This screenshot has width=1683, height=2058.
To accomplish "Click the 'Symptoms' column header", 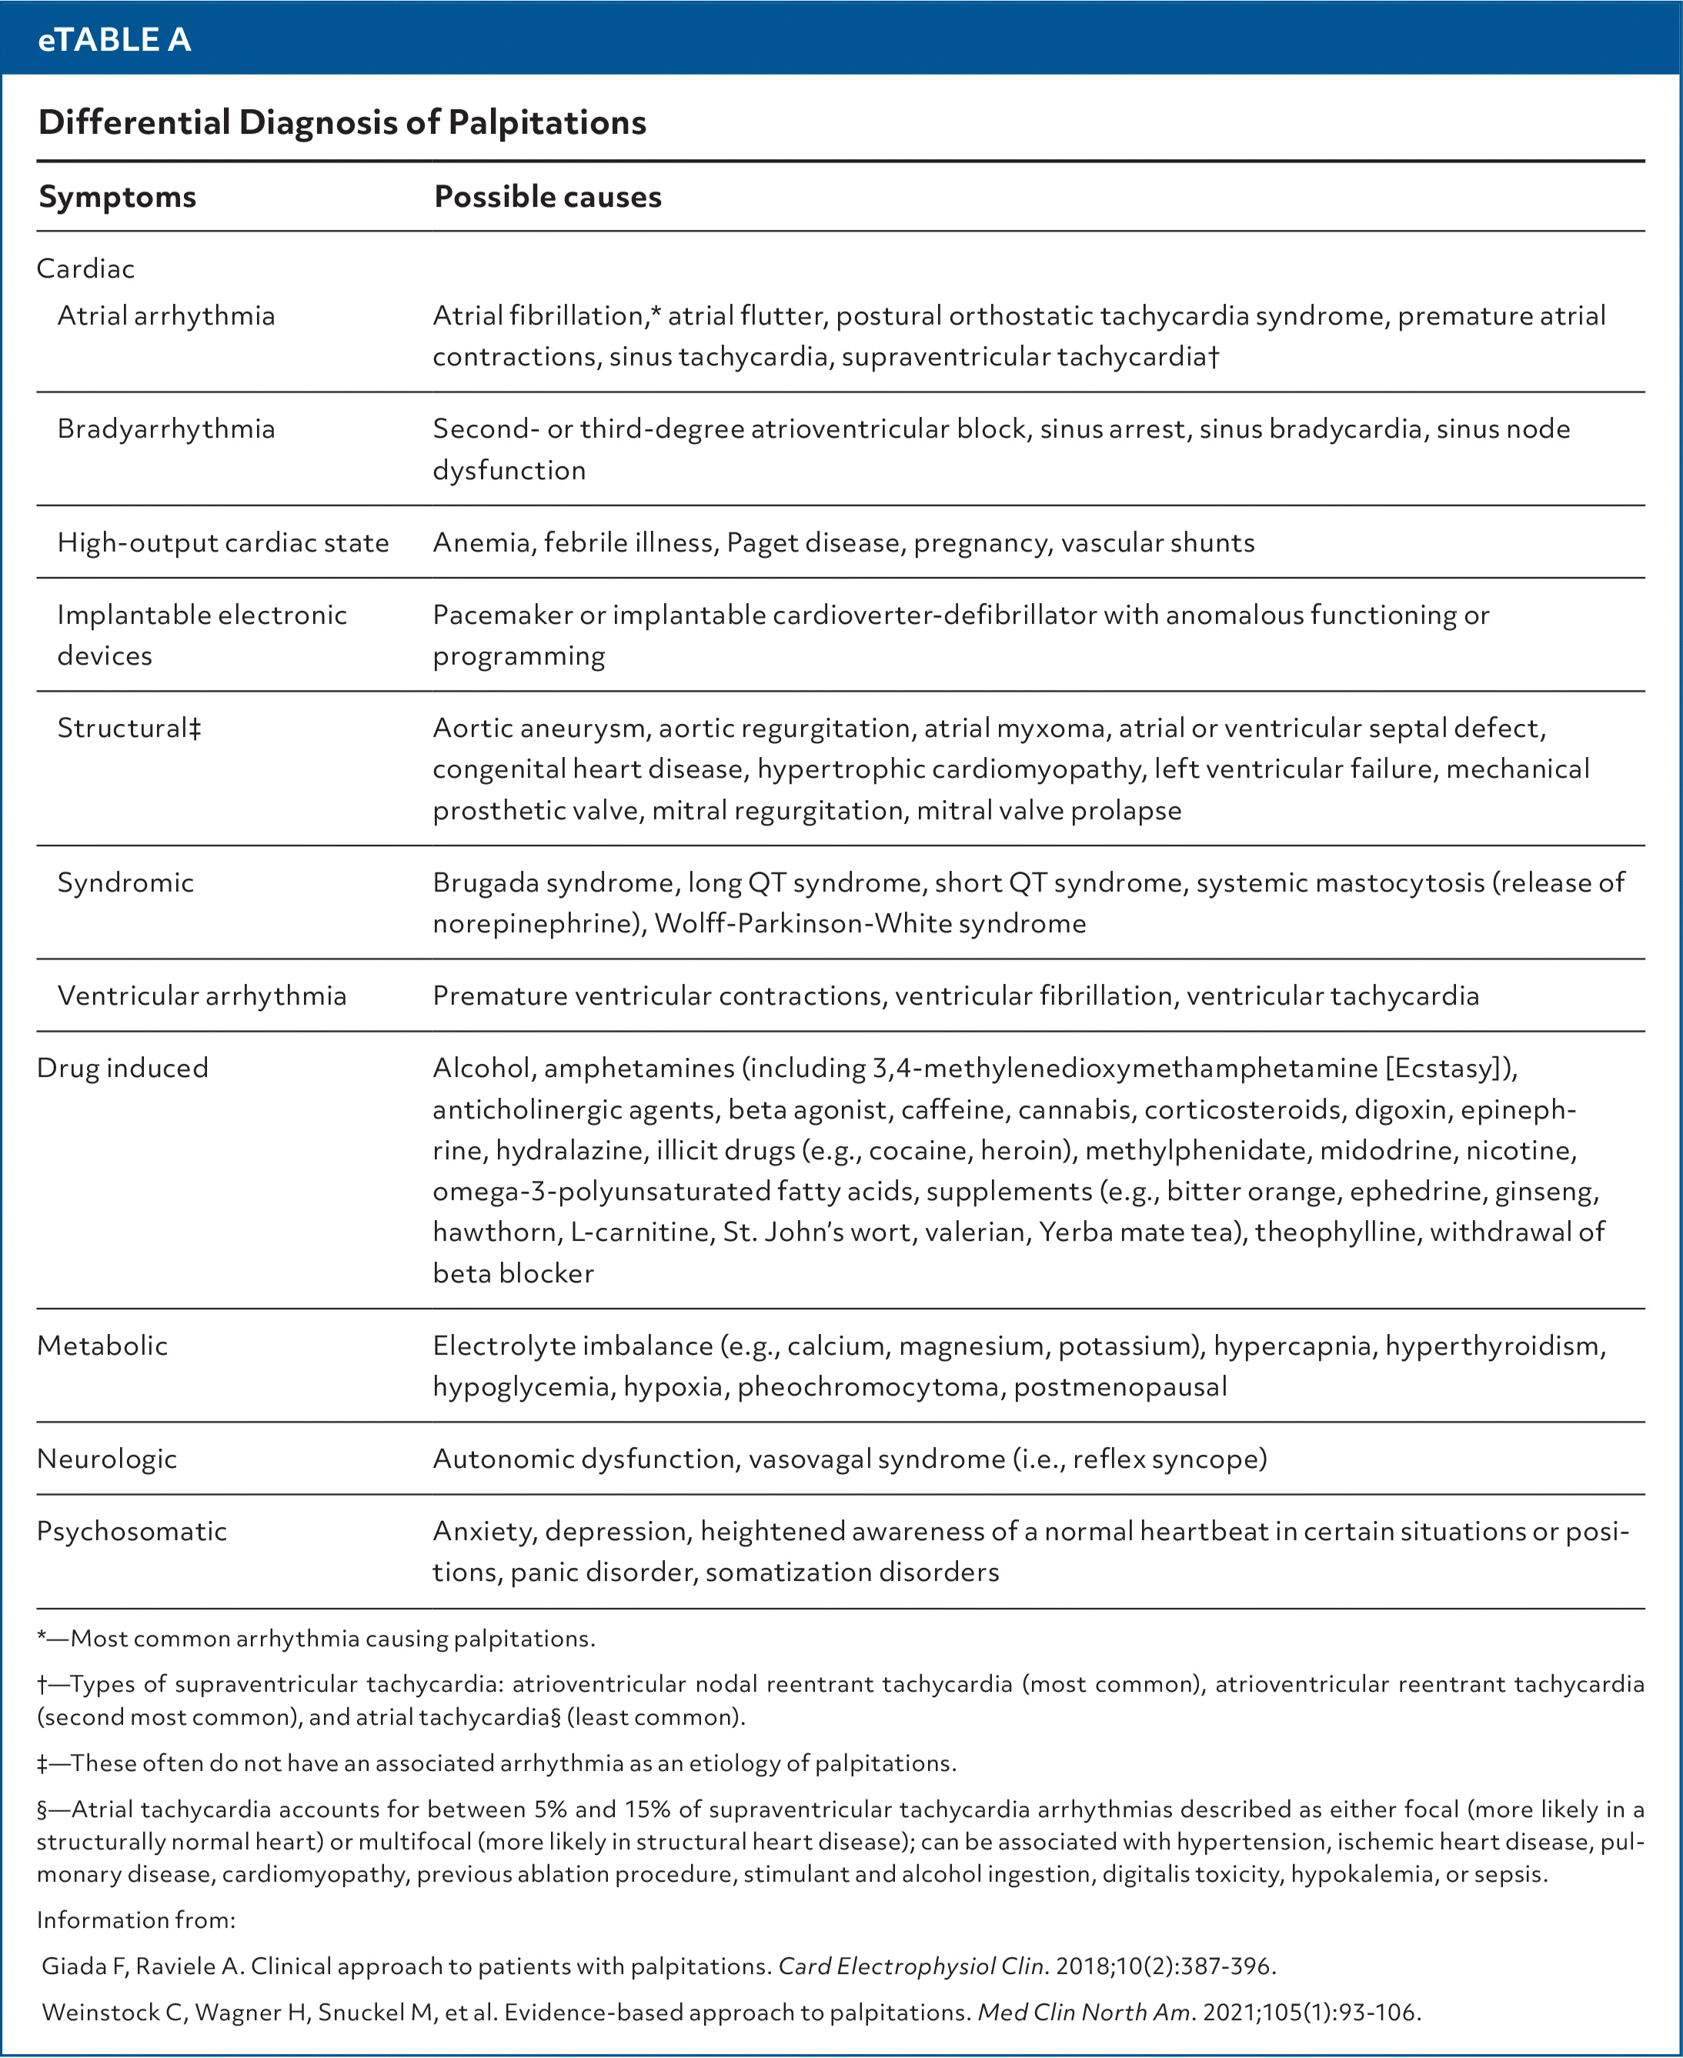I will tap(117, 197).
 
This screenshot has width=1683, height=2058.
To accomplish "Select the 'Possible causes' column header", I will tap(548, 197).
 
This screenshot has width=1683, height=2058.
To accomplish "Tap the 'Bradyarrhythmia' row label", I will tap(165, 429).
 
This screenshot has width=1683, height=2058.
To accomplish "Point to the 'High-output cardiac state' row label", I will tap(223, 542).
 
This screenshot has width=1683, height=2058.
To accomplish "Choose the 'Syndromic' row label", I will tap(125, 882).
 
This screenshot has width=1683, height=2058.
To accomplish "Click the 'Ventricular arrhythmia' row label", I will tap(202, 996).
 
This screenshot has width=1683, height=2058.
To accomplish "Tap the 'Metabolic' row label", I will tap(102, 1346).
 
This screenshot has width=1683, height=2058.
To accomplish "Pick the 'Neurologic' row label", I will tap(107, 1459).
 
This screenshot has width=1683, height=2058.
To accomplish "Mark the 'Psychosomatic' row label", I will tap(132, 1532).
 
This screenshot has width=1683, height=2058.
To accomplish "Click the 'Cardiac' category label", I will tap(85, 269).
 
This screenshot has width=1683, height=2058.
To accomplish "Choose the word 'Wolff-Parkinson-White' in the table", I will tap(802, 924).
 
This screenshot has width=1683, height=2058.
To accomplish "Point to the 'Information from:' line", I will tap(135, 1920).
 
